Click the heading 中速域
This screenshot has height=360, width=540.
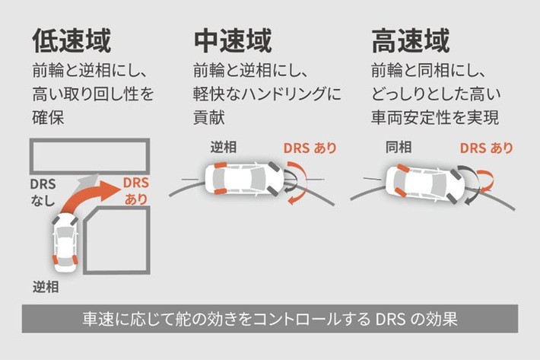[x=233, y=40]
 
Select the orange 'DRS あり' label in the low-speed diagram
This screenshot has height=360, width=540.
[x=136, y=191]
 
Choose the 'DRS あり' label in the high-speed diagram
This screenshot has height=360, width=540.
[x=486, y=148]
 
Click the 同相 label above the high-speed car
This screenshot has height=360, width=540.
[x=399, y=148]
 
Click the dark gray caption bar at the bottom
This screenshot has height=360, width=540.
[x=269, y=318]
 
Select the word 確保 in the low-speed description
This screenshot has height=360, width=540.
[x=49, y=119]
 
